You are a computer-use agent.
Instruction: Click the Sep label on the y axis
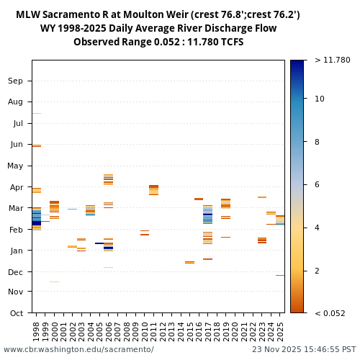(15, 81)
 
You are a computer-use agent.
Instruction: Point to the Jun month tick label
(15, 144)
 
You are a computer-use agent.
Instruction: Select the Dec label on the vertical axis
(15, 271)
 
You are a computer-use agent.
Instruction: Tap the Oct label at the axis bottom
(15, 312)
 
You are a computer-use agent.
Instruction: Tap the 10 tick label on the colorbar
(320, 99)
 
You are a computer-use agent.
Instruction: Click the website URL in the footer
(78, 349)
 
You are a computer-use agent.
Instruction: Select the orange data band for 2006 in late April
(108, 180)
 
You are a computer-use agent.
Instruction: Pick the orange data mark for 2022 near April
(262, 197)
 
